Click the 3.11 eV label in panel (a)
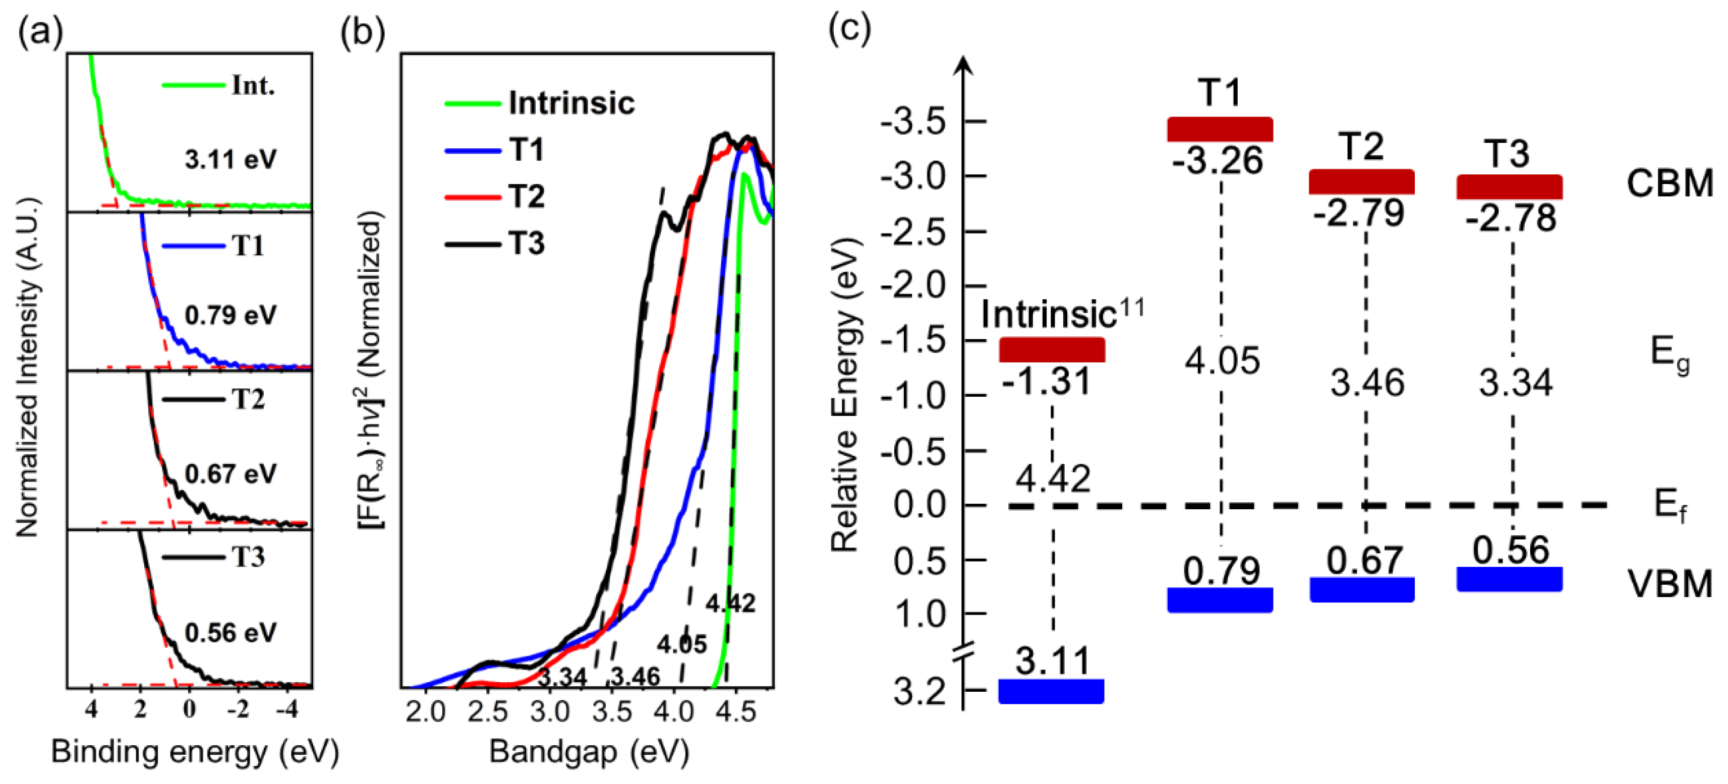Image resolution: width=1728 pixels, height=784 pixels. [x=230, y=160]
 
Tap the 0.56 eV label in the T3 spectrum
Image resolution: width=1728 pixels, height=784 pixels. [x=230, y=632]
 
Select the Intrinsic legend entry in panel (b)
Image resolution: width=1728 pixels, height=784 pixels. [x=571, y=103]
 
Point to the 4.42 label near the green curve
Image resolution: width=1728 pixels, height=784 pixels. [x=730, y=604]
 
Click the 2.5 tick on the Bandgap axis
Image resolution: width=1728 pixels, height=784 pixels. [x=488, y=711]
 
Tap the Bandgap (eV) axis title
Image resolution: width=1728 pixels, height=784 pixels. [x=589, y=752]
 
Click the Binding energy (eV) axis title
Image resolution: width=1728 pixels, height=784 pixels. [x=195, y=752]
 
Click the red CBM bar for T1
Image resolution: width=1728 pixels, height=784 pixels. [x=1220, y=129]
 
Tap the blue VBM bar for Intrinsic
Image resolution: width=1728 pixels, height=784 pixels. [x=1051, y=691]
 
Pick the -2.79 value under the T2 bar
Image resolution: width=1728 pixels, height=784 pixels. [x=1358, y=213]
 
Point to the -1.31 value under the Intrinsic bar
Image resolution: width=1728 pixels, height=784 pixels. [x=1047, y=382]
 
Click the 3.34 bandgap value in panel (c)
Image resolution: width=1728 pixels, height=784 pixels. [x=1515, y=383]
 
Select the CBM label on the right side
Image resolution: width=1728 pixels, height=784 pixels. [x=1669, y=183]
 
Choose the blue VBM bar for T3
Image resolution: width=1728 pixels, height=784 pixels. [x=1509, y=579]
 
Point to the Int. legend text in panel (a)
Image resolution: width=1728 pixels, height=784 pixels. [x=253, y=85]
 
